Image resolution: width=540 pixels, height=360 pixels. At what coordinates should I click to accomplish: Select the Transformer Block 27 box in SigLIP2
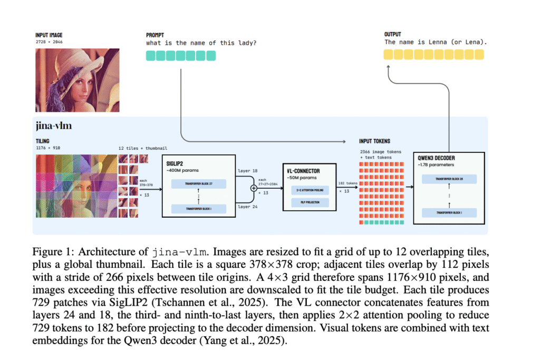198,184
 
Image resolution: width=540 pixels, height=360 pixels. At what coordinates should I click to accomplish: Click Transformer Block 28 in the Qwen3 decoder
449,179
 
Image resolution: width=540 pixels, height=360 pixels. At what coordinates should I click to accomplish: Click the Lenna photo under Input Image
77,80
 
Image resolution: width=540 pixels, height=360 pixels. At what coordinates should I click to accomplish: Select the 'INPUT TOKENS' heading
374,141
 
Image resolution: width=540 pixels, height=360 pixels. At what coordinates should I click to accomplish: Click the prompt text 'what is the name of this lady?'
201,43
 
